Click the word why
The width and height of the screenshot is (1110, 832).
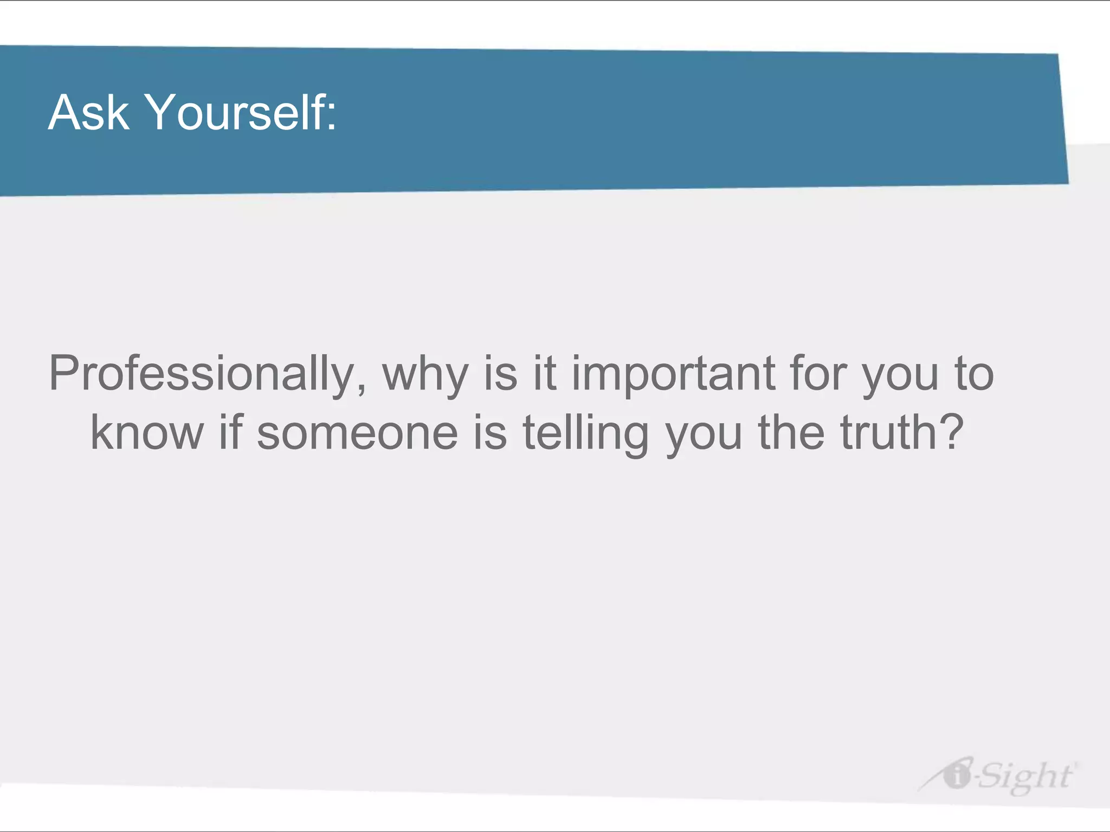[425, 374]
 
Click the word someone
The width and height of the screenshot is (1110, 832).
[357, 433]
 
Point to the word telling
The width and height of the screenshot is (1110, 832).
[585, 433]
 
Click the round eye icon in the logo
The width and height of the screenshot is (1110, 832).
[957, 775]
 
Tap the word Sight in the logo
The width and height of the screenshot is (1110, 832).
[1024, 776]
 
